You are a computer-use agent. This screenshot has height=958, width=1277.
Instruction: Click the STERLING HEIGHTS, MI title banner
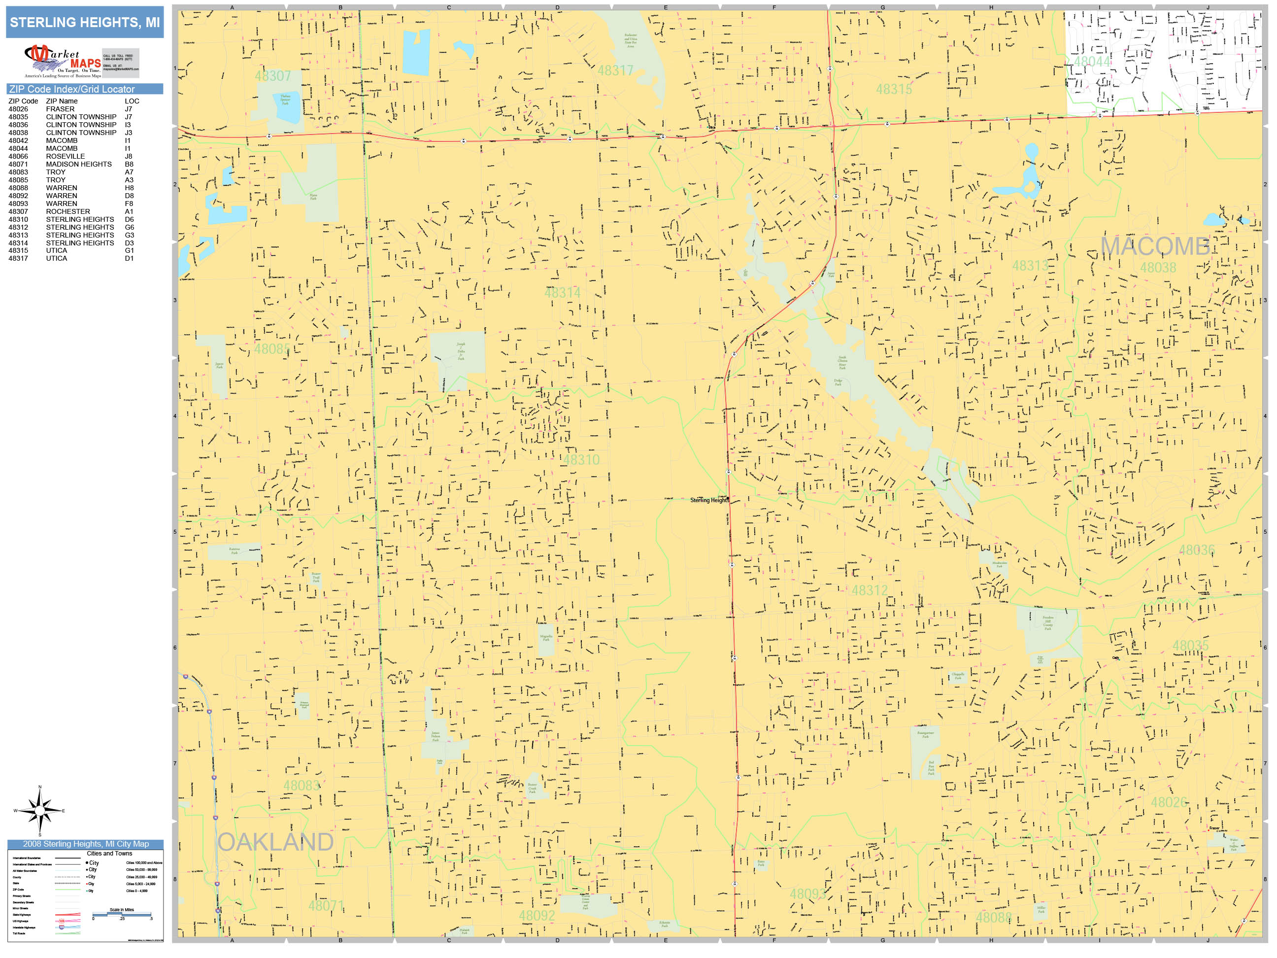[x=85, y=23]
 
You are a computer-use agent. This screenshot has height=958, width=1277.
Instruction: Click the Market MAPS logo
[x=63, y=62]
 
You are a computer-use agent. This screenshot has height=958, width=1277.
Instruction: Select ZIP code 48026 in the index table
[x=18, y=109]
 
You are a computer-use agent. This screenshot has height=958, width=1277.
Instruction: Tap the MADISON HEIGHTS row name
[x=78, y=165]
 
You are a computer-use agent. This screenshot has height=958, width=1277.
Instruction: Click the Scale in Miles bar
[x=122, y=914]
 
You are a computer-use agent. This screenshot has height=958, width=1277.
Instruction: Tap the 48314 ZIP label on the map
[x=562, y=293]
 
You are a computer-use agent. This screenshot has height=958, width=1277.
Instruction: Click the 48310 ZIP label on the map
[x=581, y=460]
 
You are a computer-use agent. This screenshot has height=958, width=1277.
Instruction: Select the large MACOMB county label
[x=1155, y=246]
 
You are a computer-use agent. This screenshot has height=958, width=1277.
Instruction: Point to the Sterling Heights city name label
[x=709, y=501]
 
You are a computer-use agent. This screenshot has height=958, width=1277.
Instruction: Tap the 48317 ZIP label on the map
[x=615, y=71]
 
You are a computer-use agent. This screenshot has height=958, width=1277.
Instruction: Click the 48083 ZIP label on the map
[x=302, y=786]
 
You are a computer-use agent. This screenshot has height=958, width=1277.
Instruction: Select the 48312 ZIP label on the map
[x=870, y=591]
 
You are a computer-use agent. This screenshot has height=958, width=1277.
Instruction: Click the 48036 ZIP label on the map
[x=1196, y=550]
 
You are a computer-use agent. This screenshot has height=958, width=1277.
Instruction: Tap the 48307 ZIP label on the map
[x=273, y=76]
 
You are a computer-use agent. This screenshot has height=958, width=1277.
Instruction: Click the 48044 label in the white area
[x=1092, y=62]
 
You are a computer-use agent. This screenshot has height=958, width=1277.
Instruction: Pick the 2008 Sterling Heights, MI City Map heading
[x=85, y=844]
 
